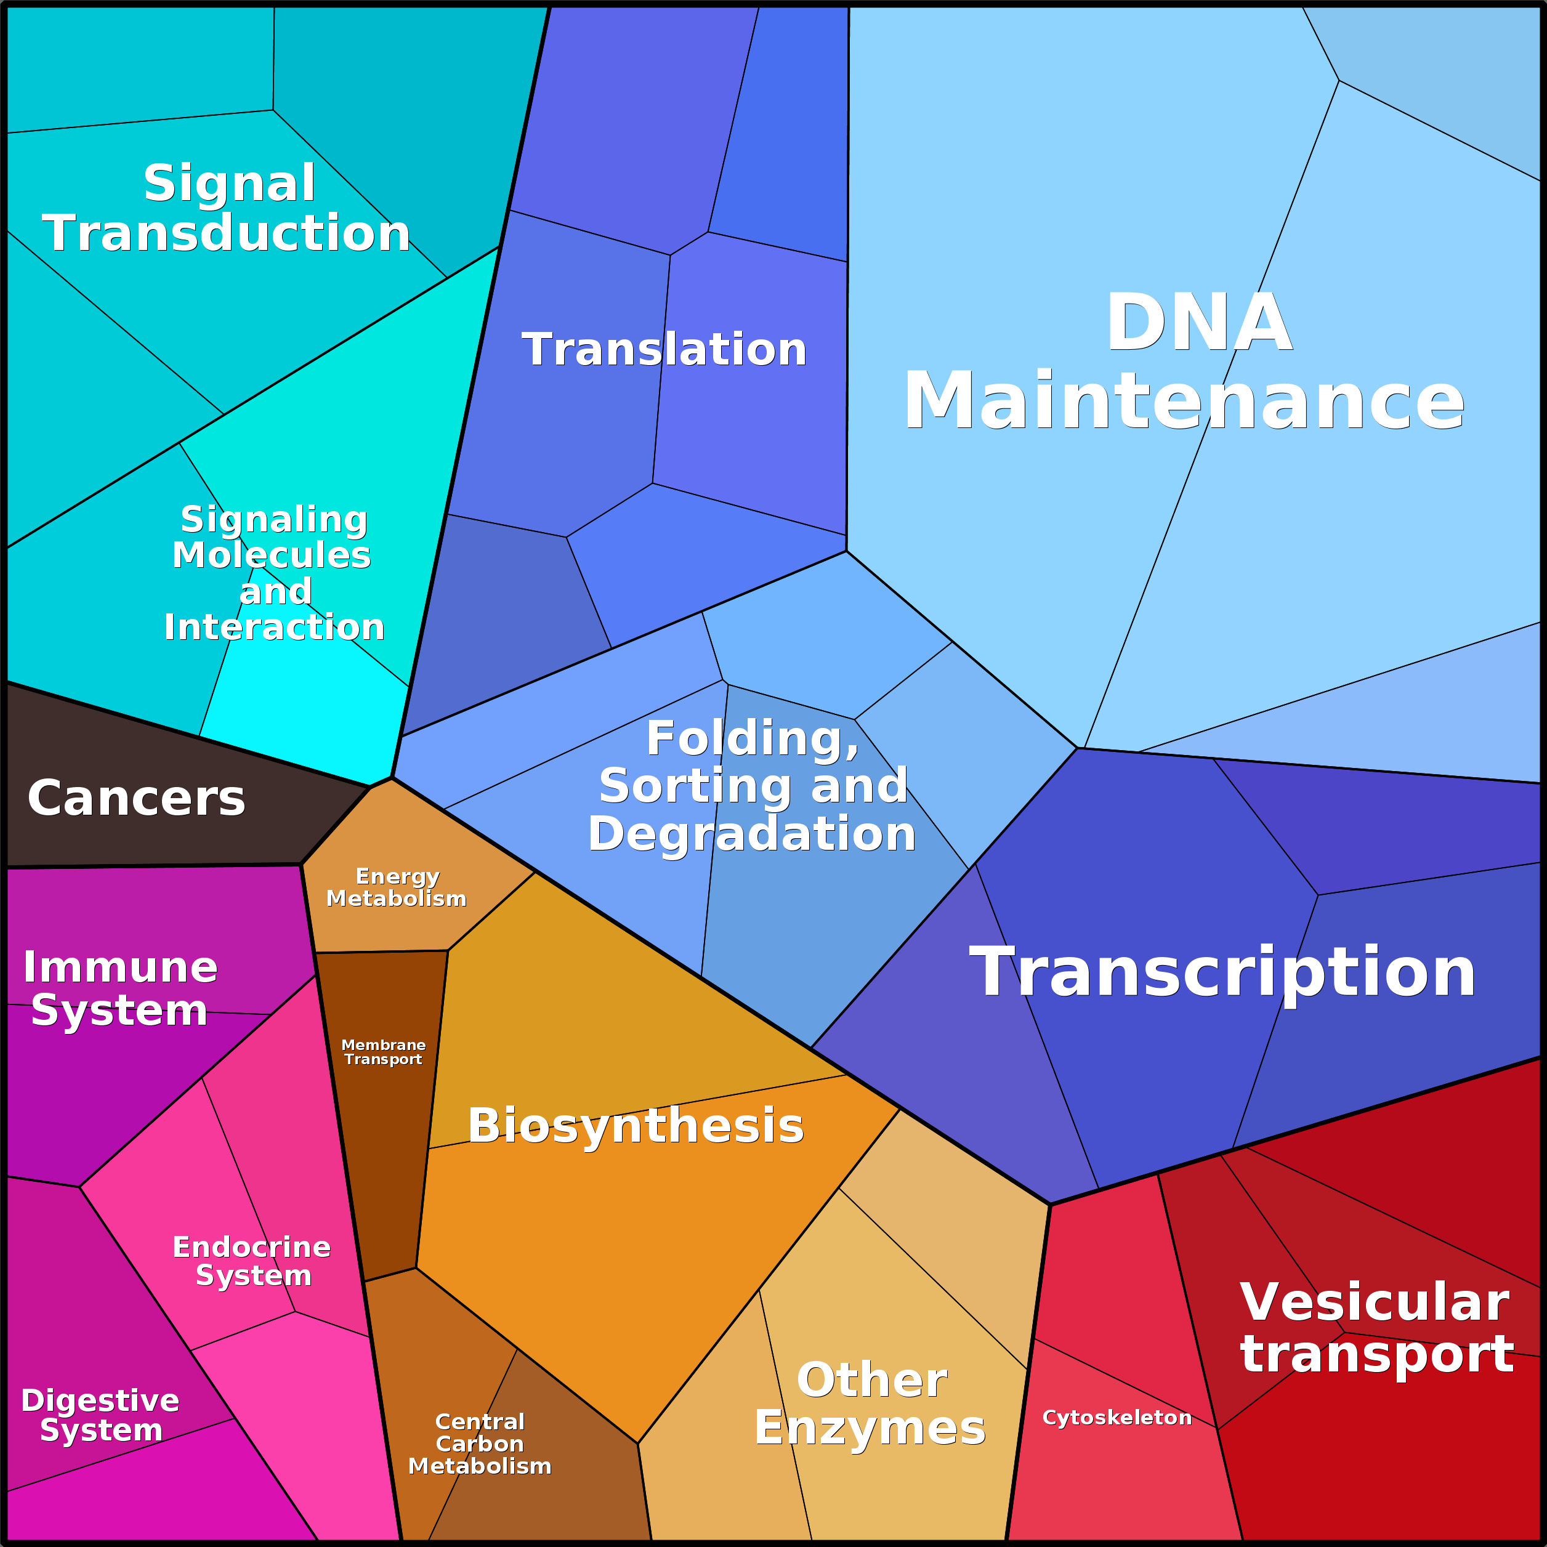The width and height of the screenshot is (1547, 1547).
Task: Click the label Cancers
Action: click(x=136, y=798)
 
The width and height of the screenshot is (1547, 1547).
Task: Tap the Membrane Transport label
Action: click(x=384, y=1051)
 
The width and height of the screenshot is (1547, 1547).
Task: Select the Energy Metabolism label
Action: click(x=397, y=887)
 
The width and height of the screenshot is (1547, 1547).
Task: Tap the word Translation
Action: click(x=664, y=350)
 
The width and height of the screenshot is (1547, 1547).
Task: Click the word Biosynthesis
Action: click(x=636, y=1125)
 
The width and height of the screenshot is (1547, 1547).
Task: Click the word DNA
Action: click(x=1198, y=322)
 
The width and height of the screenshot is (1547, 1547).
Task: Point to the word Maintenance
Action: click(x=1184, y=400)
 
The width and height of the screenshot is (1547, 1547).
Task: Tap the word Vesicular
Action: click(x=1375, y=1302)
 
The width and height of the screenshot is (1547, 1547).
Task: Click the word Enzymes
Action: click(x=870, y=1428)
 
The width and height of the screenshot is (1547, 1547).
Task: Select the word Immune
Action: click(x=120, y=967)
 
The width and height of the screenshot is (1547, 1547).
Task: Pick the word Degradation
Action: click(x=752, y=834)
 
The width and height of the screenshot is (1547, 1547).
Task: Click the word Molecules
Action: click(x=272, y=555)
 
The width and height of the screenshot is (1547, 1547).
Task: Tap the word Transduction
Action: click(x=227, y=233)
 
